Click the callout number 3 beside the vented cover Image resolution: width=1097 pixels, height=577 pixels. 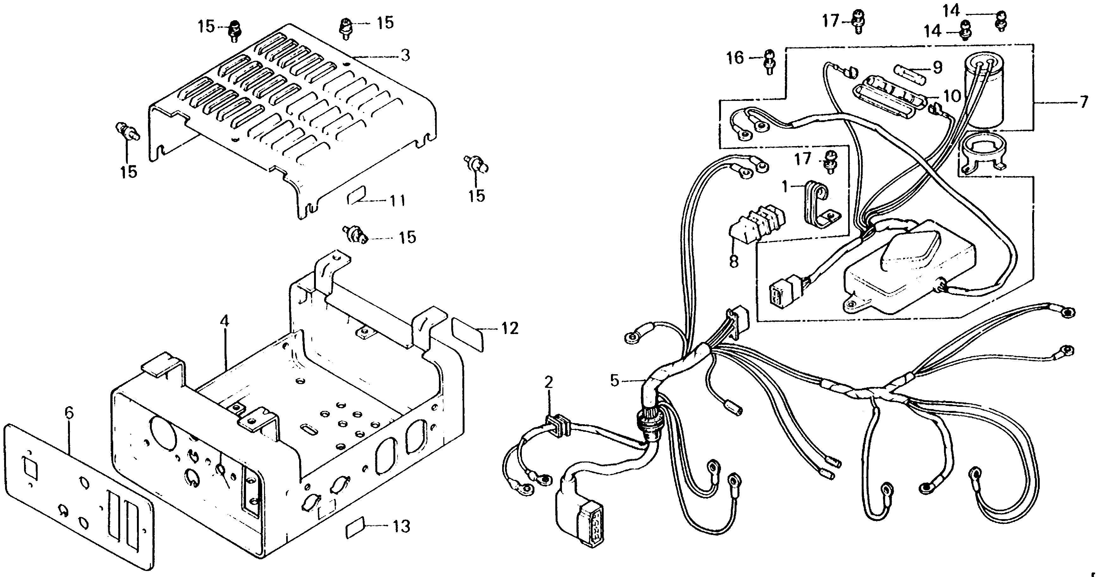click(405, 55)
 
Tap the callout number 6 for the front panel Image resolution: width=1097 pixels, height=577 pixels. click(69, 413)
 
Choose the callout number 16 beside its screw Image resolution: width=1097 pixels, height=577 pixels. click(735, 58)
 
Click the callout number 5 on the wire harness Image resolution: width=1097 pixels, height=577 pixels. click(614, 380)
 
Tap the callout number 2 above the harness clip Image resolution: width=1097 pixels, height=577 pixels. click(548, 382)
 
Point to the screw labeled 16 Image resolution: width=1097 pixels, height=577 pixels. click(769, 62)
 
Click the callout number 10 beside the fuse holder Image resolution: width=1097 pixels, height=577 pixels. click(952, 96)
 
